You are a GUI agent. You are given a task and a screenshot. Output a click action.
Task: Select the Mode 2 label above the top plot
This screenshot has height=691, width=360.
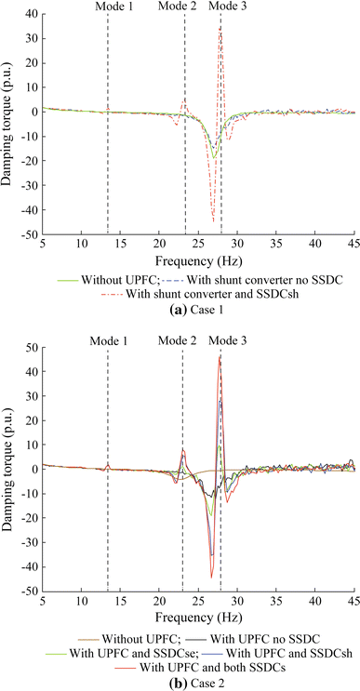click(x=178, y=7)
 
